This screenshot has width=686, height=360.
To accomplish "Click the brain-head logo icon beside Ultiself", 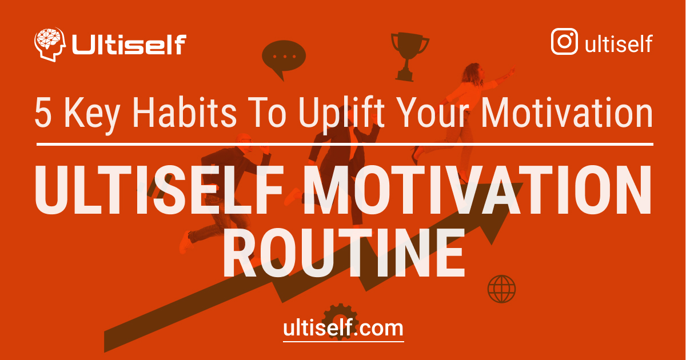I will (x=50, y=45).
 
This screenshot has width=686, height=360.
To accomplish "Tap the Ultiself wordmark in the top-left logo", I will (x=129, y=45).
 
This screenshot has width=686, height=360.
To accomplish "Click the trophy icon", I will (x=409, y=55).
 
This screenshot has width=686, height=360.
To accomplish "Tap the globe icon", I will (x=501, y=289).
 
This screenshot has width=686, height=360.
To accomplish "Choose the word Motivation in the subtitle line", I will (x=567, y=113).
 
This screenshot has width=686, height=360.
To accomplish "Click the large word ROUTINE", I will (x=343, y=252).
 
